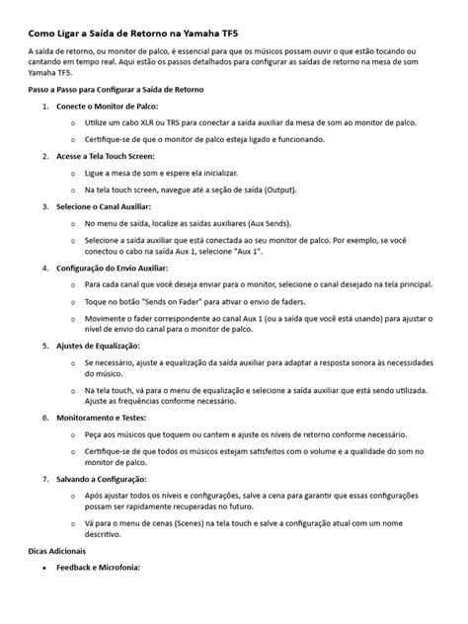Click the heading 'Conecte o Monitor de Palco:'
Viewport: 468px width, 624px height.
(107, 105)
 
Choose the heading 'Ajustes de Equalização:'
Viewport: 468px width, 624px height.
(99, 346)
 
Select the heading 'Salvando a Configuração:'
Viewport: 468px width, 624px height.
(103, 478)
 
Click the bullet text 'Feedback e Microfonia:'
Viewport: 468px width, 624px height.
(99, 568)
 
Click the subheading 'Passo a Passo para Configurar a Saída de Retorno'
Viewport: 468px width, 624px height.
(121, 88)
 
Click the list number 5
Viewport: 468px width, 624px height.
(45, 346)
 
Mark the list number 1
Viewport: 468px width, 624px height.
(45, 105)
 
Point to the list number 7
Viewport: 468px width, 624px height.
(45, 478)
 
